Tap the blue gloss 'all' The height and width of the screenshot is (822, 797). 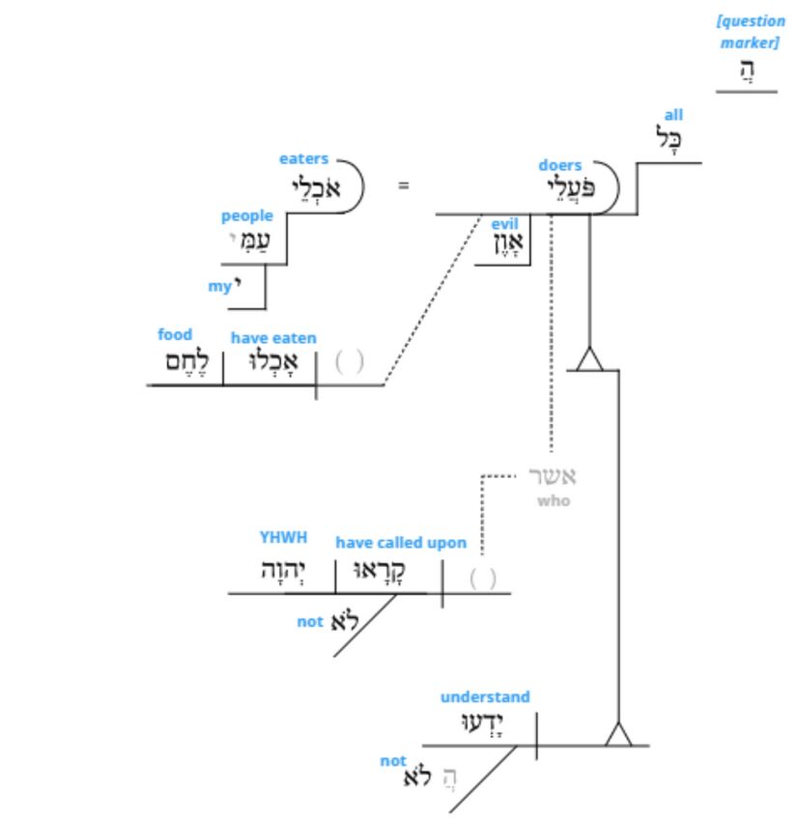[672, 115]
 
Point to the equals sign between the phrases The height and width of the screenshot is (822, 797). [404, 184]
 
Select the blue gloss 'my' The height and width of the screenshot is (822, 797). [220, 287]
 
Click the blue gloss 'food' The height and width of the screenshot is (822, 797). [175, 335]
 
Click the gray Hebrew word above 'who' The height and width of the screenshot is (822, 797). [552, 477]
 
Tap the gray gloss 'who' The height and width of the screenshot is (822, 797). [555, 501]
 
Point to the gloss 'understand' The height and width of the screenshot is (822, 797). [485, 696]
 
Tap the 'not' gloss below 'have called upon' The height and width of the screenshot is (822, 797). [309, 622]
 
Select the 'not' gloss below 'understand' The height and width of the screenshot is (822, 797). [392, 761]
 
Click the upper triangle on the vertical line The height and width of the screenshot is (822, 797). [589, 361]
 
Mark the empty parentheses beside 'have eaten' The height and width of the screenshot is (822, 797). [349, 363]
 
